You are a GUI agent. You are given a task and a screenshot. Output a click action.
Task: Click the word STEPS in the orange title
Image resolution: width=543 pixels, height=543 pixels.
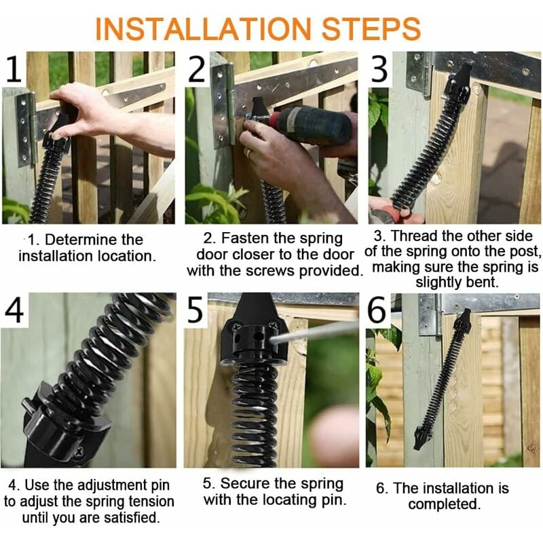[371, 29]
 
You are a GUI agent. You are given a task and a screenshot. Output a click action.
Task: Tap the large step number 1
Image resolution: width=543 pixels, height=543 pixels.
[14, 69]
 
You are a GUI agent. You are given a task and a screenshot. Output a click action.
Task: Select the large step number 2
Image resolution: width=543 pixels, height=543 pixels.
[196, 69]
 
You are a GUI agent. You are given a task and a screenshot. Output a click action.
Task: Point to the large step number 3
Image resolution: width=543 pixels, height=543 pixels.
[379, 69]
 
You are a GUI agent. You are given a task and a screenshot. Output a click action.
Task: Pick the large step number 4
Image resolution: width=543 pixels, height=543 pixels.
[14, 310]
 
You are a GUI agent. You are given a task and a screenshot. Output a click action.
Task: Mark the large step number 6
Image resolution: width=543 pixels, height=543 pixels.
[377, 310]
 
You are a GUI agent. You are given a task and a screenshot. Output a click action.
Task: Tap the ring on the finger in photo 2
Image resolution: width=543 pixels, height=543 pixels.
[247, 152]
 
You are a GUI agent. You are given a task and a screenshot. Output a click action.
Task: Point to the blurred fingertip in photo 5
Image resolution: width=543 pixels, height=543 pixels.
[333, 433]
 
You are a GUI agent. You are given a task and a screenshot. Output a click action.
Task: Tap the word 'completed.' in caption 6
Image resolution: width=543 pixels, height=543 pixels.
[445, 504]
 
